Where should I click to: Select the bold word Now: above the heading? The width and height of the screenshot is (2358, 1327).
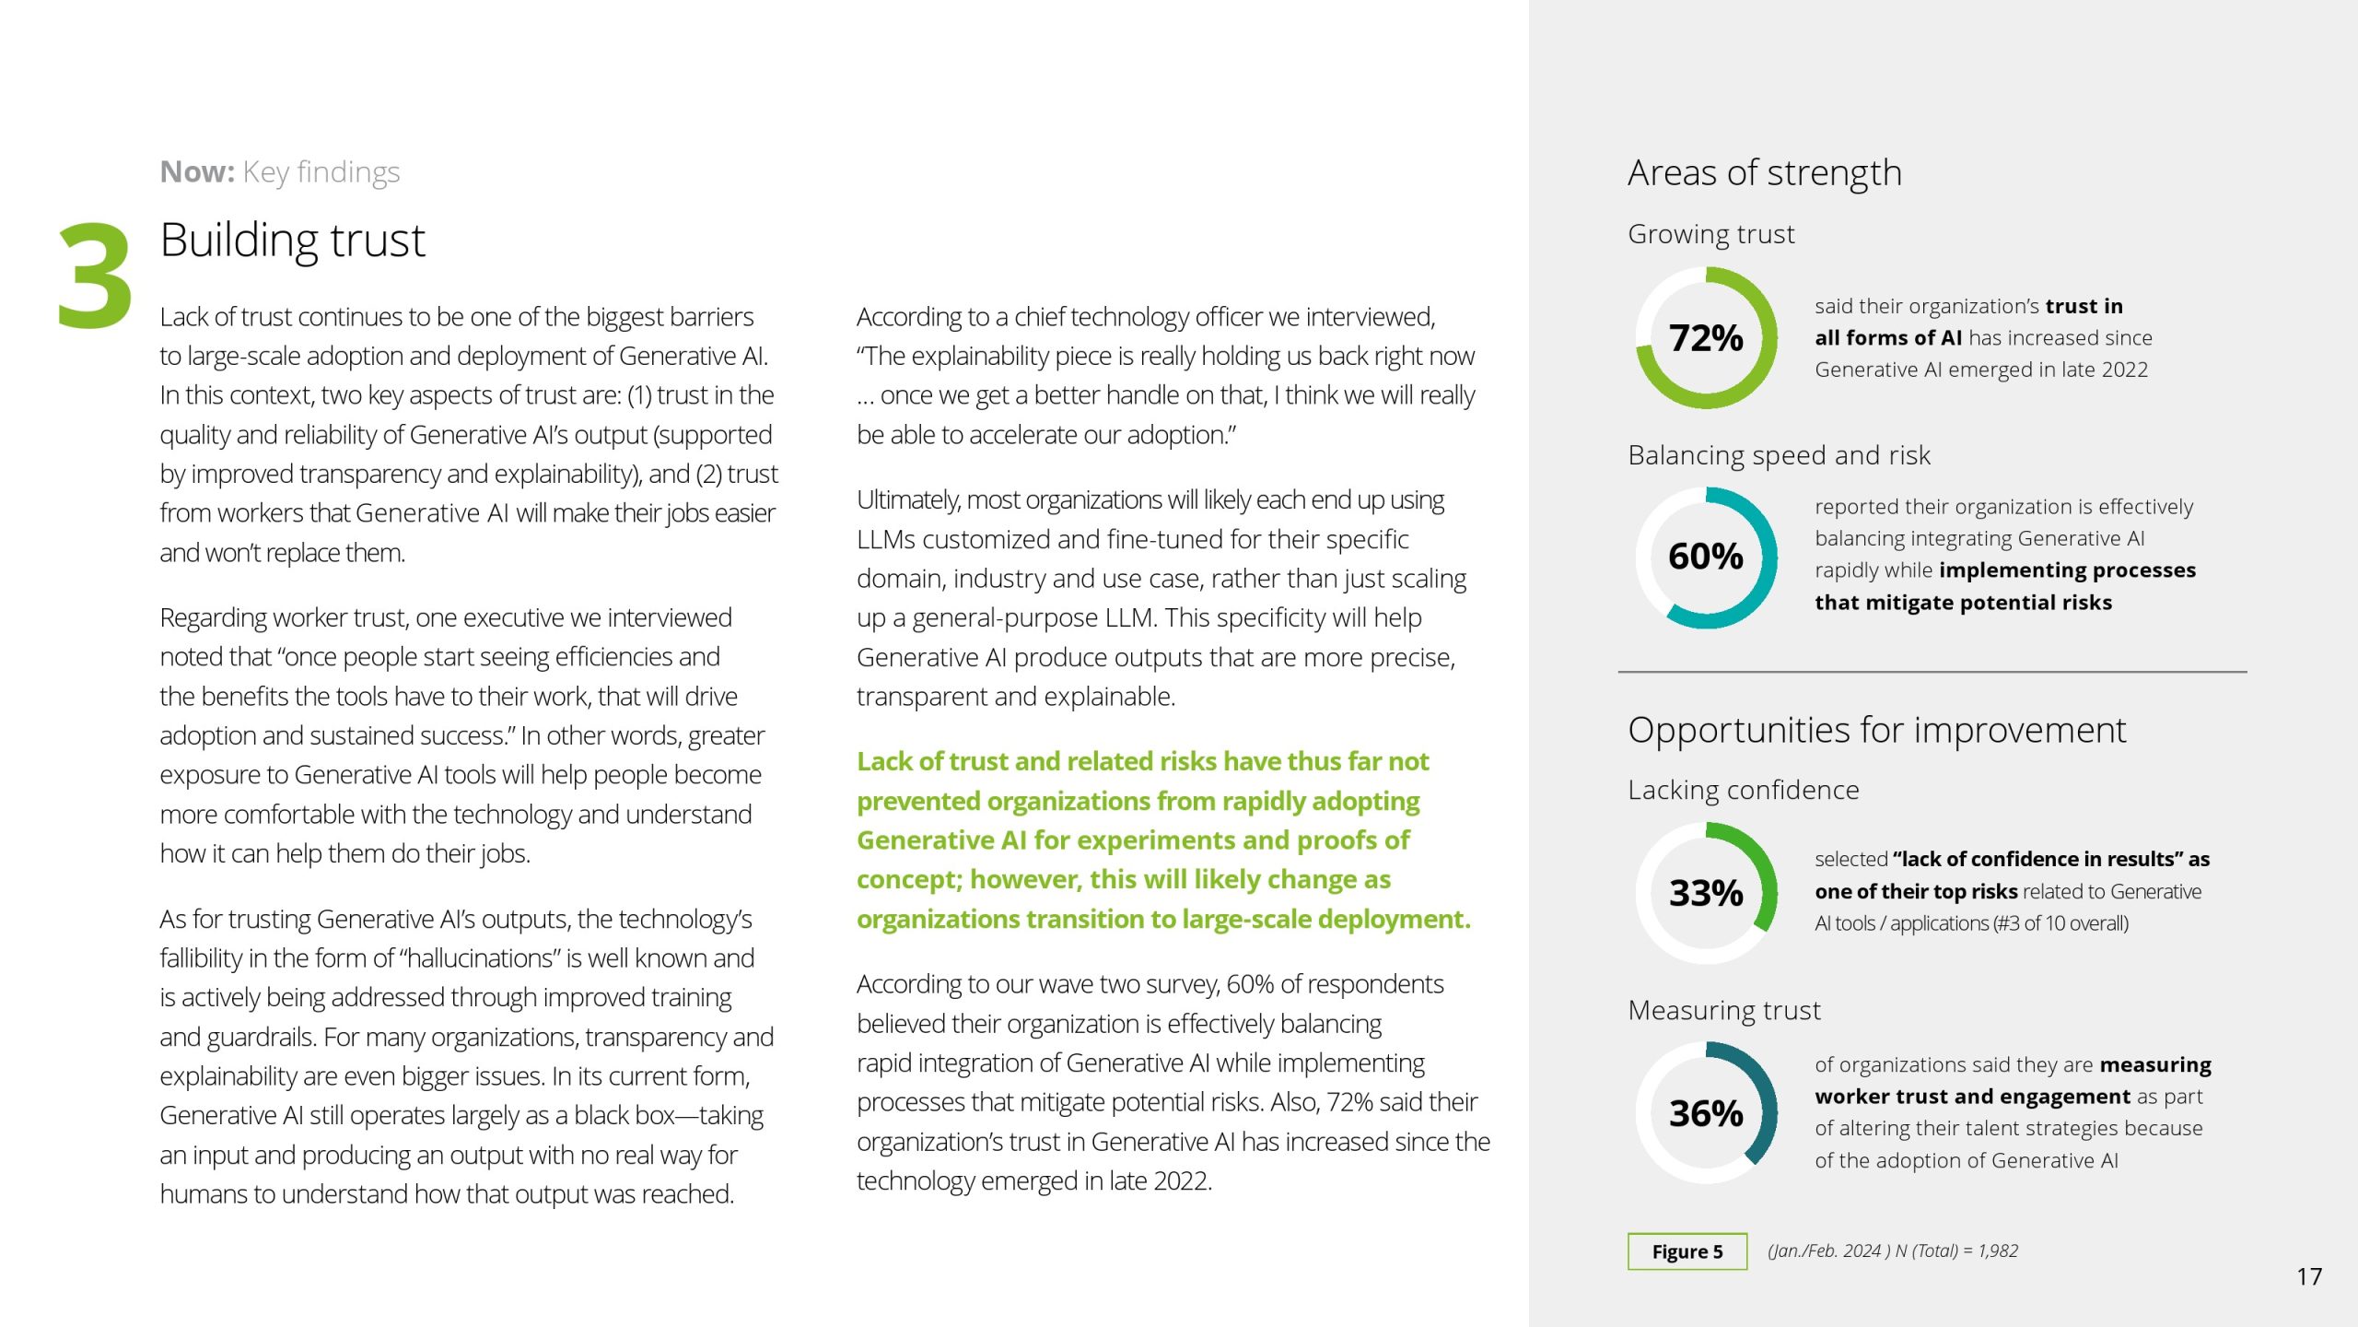[x=197, y=172]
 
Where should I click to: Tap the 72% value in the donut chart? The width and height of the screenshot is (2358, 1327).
[x=1706, y=338]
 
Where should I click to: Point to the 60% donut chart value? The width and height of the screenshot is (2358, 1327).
[x=1706, y=557]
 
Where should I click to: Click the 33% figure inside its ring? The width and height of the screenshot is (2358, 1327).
[x=1706, y=893]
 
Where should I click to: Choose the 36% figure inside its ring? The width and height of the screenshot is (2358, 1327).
[x=1706, y=1113]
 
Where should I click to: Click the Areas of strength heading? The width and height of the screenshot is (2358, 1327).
[x=1764, y=173]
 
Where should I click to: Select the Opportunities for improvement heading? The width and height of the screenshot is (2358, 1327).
[x=1876, y=730]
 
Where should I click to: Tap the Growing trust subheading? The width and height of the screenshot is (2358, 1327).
[x=1710, y=234]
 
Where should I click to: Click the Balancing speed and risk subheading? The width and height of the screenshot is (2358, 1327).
[x=1779, y=455]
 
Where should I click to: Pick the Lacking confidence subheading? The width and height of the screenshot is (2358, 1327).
[x=1743, y=790]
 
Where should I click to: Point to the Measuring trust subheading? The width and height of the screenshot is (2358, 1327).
[x=1723, y=1011]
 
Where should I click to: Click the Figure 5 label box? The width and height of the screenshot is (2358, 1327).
[x=1687, y=1251]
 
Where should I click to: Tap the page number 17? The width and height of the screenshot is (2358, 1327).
[x=2308, y=1276]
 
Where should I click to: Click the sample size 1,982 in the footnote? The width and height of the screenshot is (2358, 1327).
[x=1998, y=1251]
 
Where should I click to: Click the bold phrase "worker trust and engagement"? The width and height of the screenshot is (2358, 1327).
[x=1972, y=1097]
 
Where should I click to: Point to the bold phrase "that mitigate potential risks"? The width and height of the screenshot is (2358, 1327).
[x=1963, y=603]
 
